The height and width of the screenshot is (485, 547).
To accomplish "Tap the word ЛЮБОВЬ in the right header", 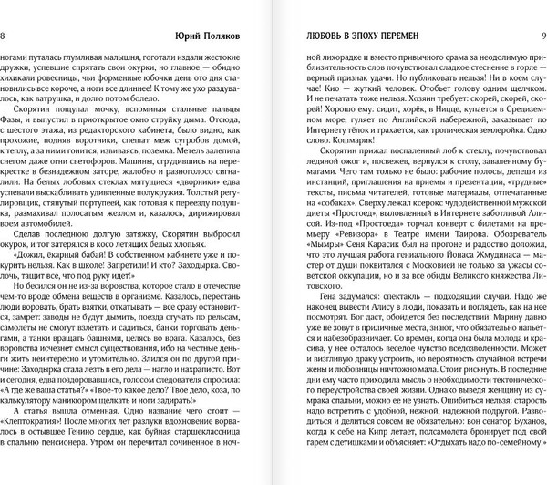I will (x=325, y=36).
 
